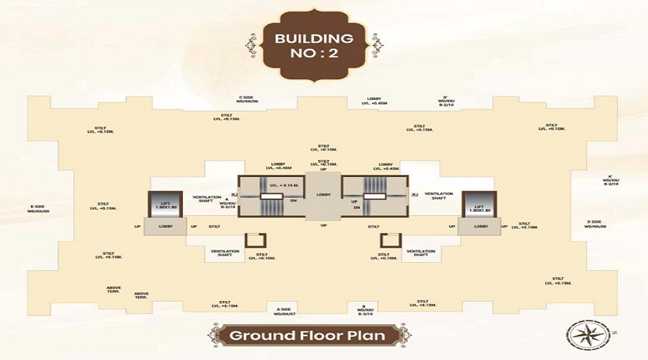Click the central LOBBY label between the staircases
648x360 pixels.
tap(323, 195)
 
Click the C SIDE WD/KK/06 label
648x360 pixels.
tap(252, 99)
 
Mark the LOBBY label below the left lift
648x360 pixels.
tap(165, 227)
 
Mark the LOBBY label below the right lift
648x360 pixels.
tap(480, 227)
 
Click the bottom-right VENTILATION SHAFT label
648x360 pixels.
tap(420, 253)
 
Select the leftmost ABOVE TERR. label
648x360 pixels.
tap(114, 289)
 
